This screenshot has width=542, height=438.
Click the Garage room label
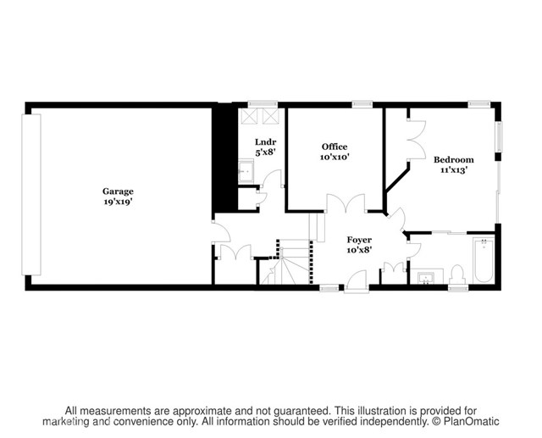tap(118, 191)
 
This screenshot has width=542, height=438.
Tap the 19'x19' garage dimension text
tap(119, 202)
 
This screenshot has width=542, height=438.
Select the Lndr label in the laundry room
tap(265, 141)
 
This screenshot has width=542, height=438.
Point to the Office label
tap(335, 147)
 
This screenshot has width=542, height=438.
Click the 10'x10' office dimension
tap(335, 157)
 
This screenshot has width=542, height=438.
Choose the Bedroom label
tap(454, 160)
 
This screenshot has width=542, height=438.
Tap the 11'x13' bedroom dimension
tap(454, 170)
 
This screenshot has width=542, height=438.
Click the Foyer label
tap(359, 240)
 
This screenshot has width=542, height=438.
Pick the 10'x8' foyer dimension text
tap(359, 250)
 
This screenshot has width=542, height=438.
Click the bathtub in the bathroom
tap(484, 260)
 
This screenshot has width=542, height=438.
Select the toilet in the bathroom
tap(457, 275)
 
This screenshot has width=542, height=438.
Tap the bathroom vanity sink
tap(426, 278)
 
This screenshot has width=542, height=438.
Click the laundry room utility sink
tap(246, 171)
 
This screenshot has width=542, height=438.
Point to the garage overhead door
tap(31, 195)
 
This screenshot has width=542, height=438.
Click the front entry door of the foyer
tap(357, 282)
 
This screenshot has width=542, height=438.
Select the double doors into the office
tap(346, 202)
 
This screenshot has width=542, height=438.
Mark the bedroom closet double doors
tap(417, 140)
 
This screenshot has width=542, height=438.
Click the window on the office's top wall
tap(362, 103)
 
